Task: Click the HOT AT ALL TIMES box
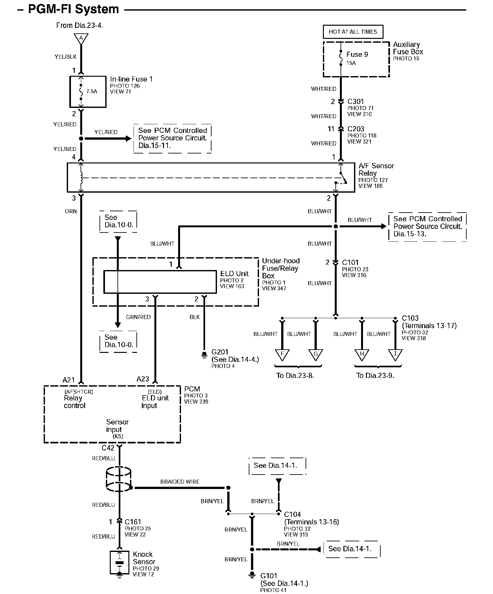[353, 32]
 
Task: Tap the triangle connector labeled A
[81, 39]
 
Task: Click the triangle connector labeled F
[282, 355]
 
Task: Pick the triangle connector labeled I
[395, 355]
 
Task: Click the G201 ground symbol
[204, 354]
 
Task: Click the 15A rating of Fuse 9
[351, 63]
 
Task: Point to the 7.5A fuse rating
[91, 91]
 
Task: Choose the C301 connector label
[356, 101]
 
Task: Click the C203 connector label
[356, 129]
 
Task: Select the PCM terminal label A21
[69, 380]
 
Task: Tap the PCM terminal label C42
[108, 448]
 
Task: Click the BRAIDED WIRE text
[180, 482]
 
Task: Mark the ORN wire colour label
[71, 211]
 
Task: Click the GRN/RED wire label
[138, 317]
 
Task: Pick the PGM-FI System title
[74, 9]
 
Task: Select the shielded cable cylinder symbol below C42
[119, 479]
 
